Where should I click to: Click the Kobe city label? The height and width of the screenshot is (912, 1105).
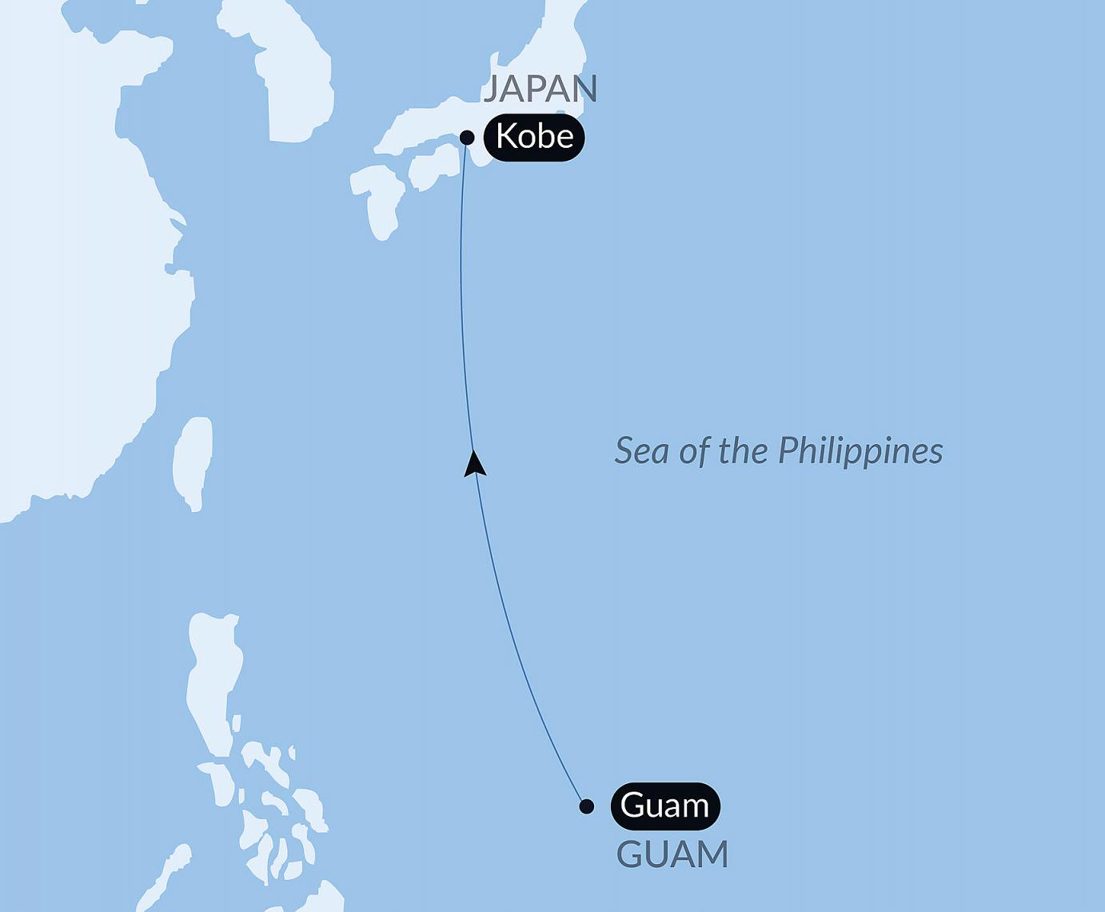tap(534, 138)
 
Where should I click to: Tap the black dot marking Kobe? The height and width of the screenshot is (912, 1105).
tap(468, 138)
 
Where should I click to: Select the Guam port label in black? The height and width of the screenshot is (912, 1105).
tap(665, 806)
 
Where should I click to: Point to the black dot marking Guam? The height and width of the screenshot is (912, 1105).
tap(586, 806)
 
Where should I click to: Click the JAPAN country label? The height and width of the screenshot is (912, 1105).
tap(541, 89)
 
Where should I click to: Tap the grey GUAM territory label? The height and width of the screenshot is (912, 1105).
tap(672, 855)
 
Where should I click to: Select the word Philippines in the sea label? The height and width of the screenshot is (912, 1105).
tap(860, 451)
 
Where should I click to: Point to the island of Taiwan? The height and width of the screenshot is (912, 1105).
tap(193, 462)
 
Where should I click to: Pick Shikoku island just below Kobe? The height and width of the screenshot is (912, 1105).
tap(432, 166)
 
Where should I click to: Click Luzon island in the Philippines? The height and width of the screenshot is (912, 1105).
tap(209, 680)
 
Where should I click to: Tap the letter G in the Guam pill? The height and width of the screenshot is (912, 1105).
tap(633, 806)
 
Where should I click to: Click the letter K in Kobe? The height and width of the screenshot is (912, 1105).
tap(505, 137)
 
